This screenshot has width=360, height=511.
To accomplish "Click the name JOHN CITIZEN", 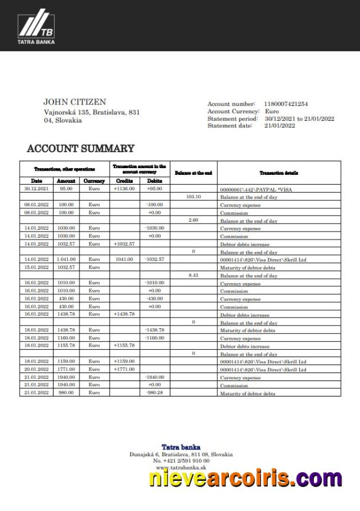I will point(74,102).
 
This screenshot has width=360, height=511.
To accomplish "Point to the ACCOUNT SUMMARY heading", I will point(80,148).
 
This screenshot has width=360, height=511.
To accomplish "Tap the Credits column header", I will point(124,181).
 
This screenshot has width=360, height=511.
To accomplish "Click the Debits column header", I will point(154,181).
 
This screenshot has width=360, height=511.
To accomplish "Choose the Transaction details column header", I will point(279,173).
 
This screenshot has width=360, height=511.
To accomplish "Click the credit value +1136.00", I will point(124,189).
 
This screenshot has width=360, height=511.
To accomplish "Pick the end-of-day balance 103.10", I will point(193,196).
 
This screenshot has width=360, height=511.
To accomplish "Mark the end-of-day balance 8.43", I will point(193,275).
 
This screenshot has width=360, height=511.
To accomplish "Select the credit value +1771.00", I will point(124,369).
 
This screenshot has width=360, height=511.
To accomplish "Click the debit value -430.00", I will point(154,299).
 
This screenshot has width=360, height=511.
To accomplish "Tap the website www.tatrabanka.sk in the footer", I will point(181,467).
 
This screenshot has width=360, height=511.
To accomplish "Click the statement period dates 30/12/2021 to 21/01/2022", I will point(299,118).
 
